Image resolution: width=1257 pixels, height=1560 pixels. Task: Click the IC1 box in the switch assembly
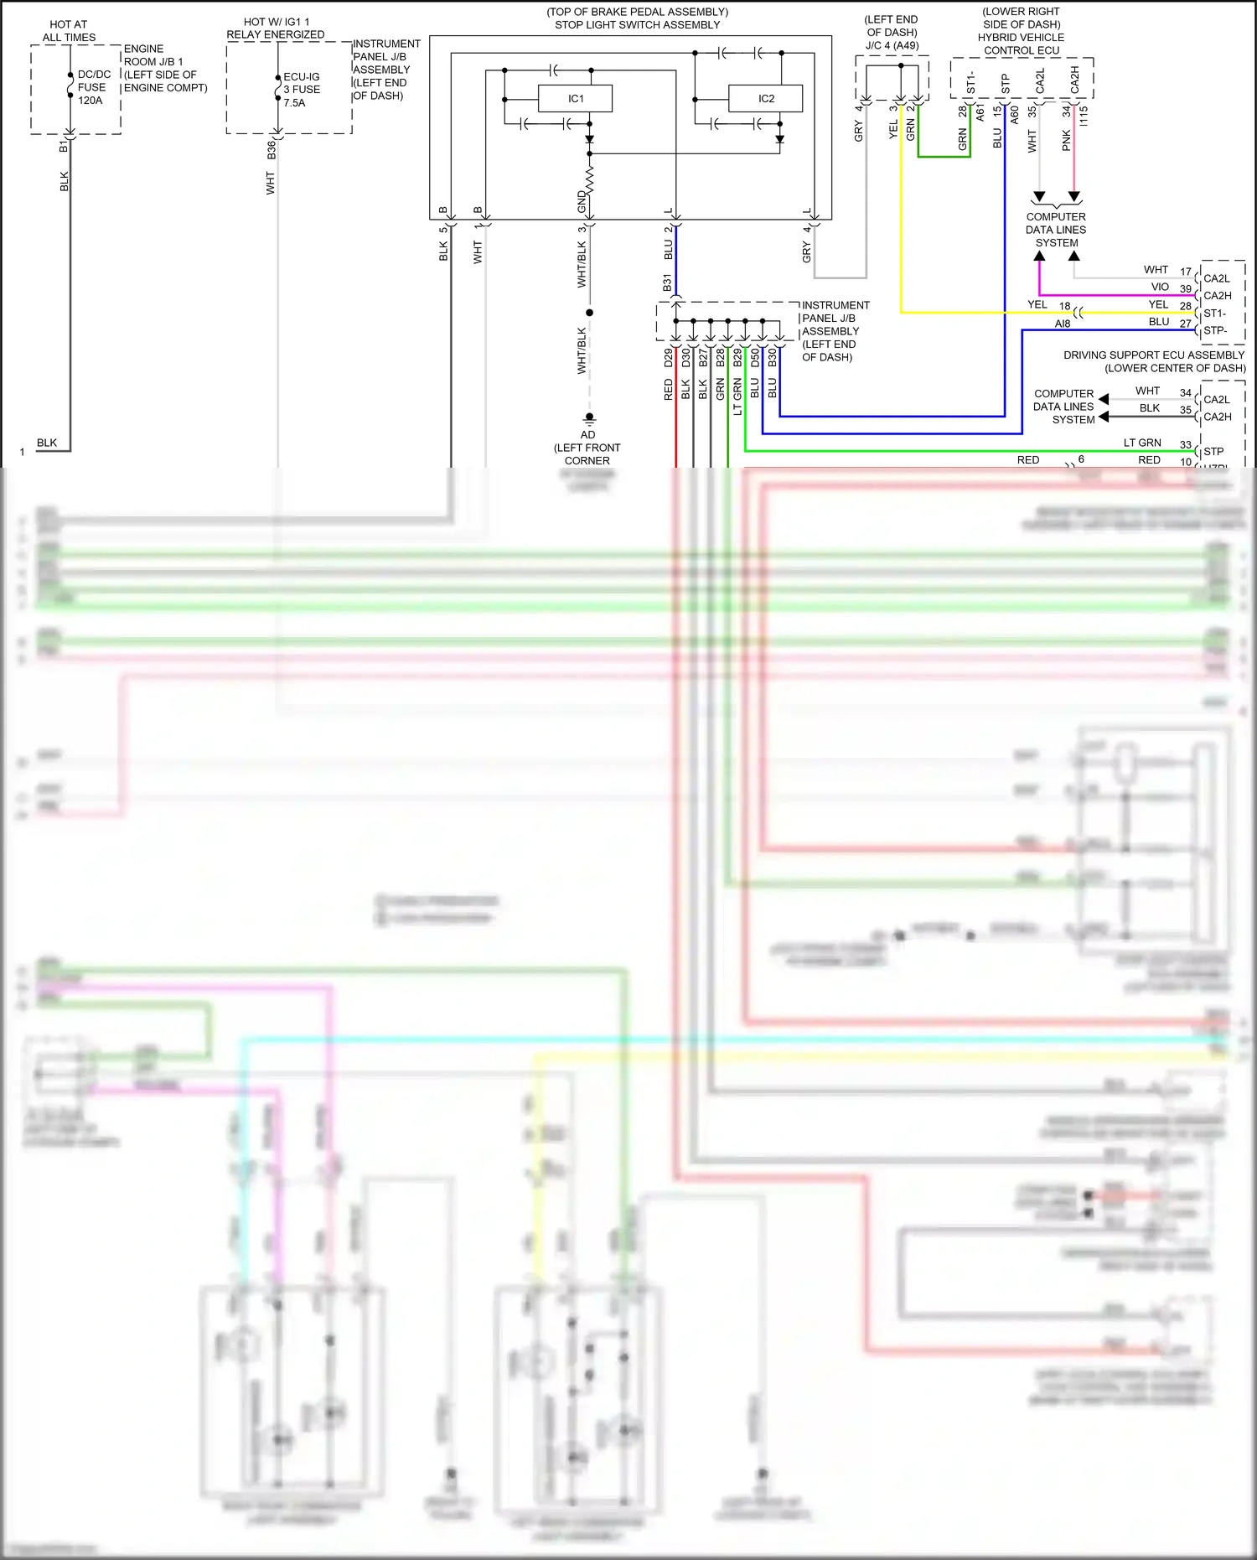575,99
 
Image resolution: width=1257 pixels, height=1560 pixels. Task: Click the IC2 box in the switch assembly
765,99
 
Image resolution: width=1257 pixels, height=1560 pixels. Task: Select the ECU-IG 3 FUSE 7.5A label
301,90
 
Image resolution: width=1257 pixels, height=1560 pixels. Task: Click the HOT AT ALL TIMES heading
69,31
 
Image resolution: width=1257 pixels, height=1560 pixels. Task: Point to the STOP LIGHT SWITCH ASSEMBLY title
637,25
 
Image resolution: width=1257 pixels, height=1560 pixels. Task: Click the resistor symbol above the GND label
589,179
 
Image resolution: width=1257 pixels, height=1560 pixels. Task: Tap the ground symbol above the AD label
589,417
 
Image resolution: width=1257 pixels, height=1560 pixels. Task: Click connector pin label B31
668,282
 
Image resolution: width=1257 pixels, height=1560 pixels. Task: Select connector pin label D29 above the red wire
668,358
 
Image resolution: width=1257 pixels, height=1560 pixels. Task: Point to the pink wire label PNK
1066,140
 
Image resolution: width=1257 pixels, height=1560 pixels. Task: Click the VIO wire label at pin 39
1160,287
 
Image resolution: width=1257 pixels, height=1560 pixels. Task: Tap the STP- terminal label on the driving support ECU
1215,330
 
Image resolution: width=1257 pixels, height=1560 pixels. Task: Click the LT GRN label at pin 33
1142,443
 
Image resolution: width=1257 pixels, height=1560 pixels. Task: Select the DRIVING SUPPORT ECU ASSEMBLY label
1154,355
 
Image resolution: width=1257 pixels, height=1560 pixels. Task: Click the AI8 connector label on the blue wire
1062,324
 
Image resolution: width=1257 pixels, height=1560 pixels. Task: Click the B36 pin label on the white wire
272,150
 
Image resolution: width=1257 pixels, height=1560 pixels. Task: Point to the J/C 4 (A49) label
892,45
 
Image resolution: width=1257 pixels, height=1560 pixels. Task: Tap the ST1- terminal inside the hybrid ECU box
971,81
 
